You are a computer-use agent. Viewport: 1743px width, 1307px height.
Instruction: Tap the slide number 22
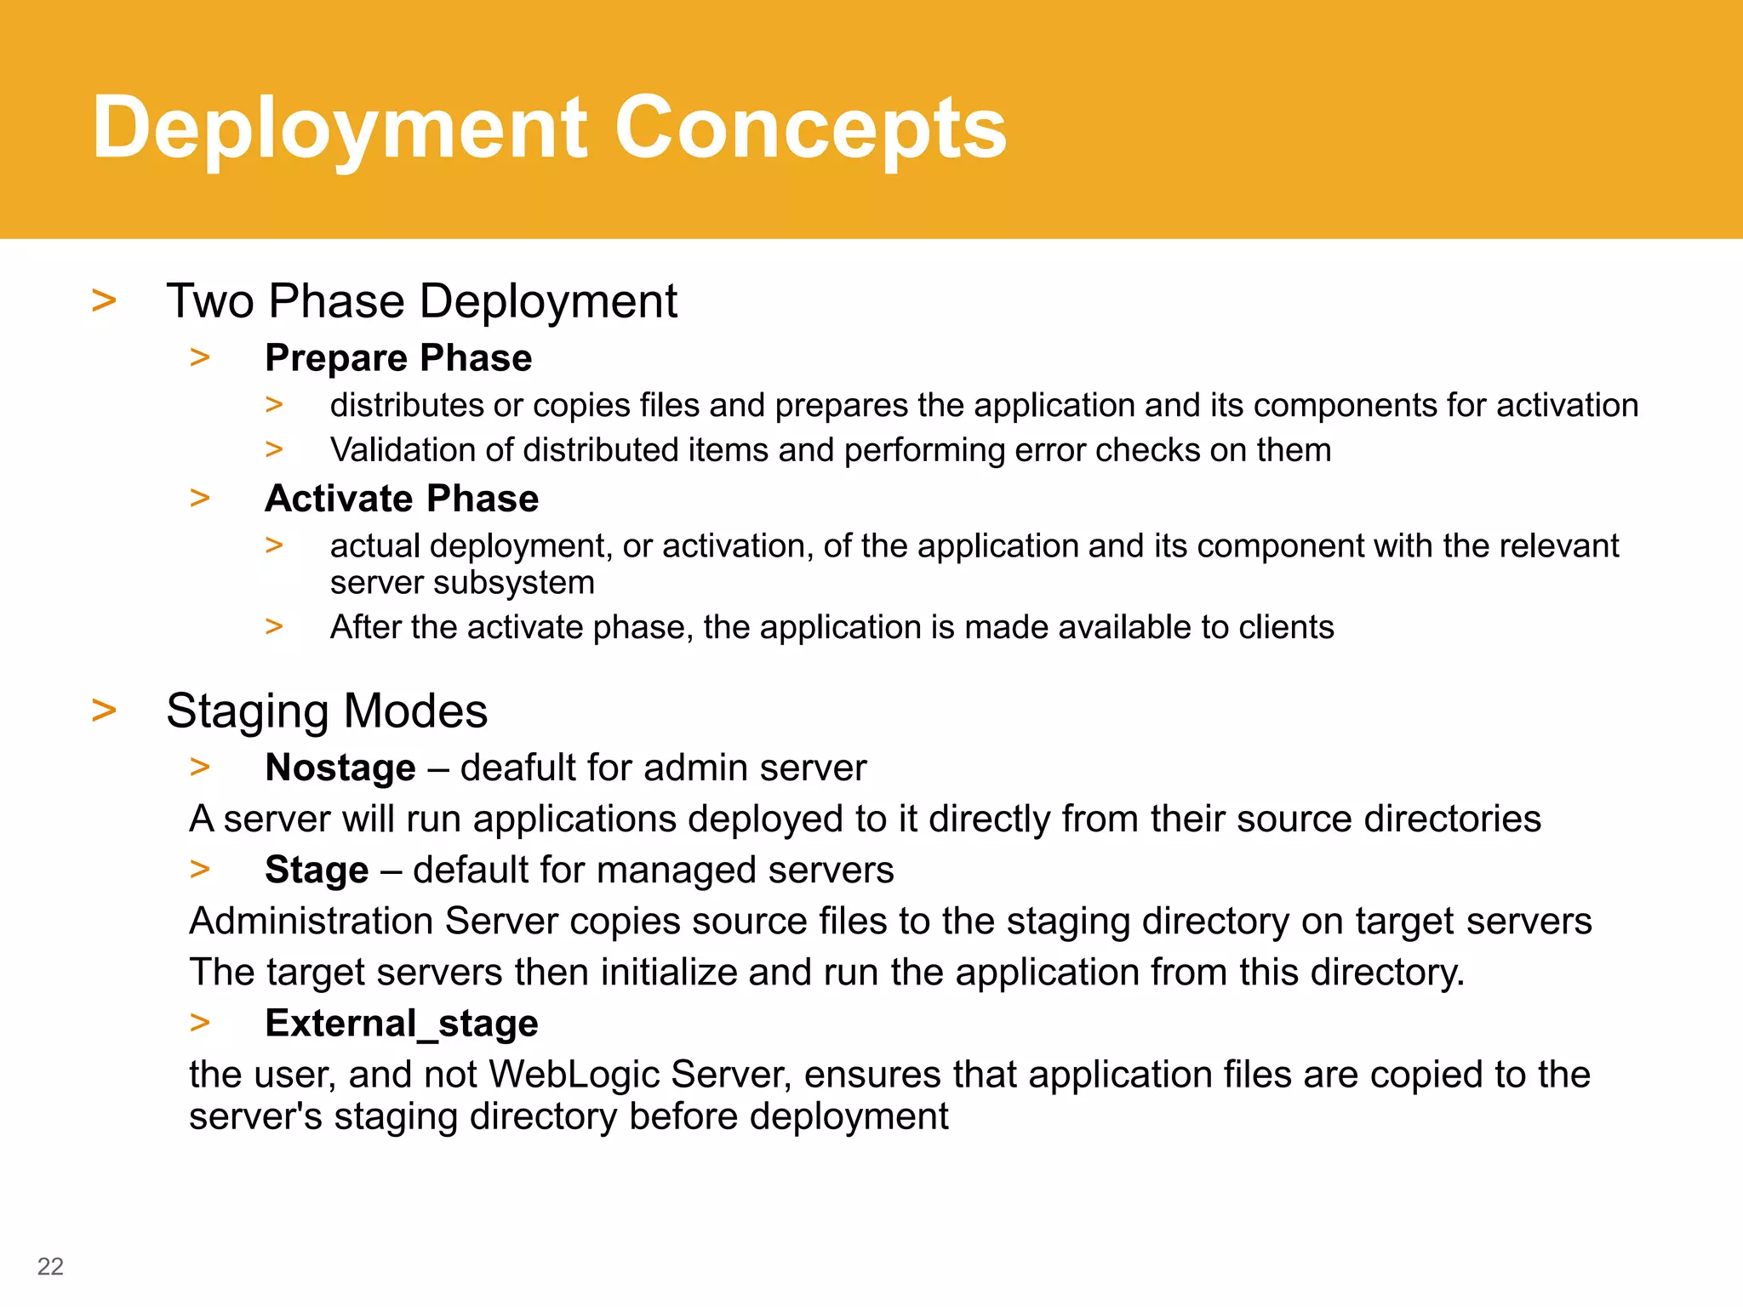point(50,1266)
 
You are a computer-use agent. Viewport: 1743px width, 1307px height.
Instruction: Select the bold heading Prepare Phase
point(398,357)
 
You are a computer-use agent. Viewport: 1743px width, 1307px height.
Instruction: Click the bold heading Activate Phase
point(402,498)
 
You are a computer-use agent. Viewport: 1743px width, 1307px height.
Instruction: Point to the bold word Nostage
point(340,768)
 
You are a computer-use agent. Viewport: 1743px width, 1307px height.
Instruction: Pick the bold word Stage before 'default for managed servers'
point(317,870)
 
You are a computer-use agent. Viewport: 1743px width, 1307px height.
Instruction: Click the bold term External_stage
point(402,1023)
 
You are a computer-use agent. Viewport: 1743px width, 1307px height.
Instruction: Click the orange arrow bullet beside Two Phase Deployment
point(104,300)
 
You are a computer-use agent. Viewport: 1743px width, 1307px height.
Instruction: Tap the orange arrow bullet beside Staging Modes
point(104,710)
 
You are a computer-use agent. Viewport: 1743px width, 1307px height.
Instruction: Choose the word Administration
point(311,921)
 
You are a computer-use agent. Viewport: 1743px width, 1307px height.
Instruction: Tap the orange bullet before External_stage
point(200,1022)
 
